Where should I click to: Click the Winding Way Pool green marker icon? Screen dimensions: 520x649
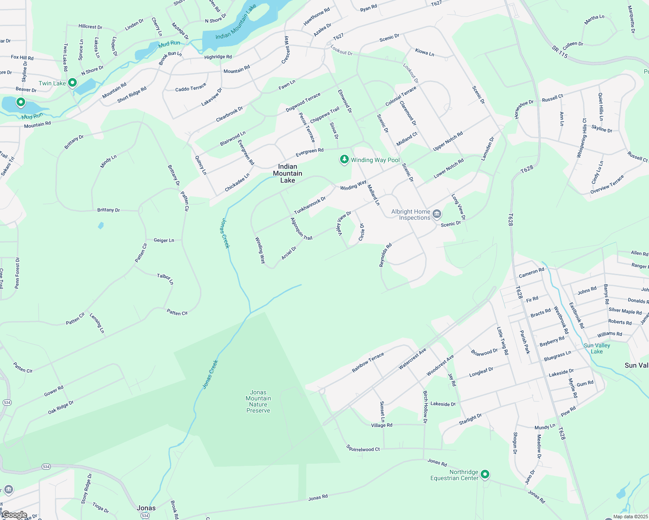344,160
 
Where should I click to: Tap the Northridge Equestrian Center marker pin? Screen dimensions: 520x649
485,474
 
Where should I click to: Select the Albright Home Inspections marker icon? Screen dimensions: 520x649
437,214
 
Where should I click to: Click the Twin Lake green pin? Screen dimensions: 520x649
72,82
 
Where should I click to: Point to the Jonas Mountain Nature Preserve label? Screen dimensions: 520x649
258,401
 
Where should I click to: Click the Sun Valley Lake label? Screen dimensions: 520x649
597,348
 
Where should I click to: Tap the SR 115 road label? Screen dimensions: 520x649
560,52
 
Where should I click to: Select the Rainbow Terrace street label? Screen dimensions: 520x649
368,362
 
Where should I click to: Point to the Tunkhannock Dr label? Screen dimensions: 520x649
310,205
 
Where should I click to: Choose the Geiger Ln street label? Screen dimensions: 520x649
164,240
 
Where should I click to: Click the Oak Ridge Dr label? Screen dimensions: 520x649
61,407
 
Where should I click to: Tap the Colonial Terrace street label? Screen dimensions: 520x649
401,96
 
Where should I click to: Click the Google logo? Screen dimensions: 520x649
14,515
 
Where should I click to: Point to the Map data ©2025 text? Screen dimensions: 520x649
630,517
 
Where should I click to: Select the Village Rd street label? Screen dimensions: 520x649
382,425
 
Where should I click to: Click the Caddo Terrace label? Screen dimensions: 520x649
190,88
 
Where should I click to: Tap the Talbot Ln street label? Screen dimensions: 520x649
165,279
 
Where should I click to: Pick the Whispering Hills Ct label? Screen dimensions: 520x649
582,138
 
